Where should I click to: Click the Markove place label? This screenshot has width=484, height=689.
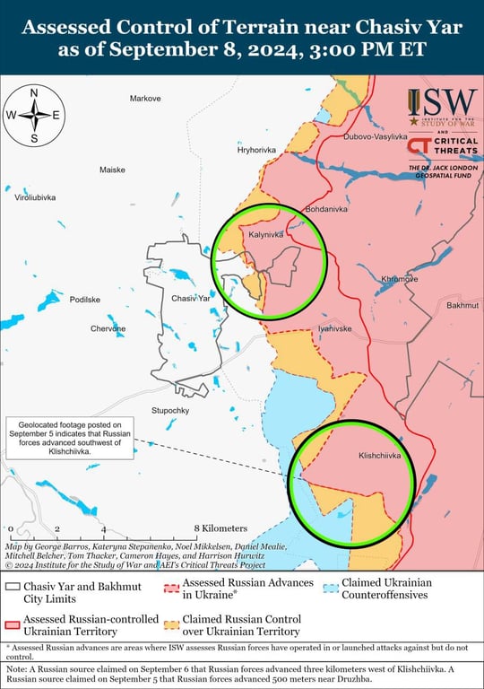tap(144, 98)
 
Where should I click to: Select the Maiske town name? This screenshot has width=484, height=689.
tap(112, 169)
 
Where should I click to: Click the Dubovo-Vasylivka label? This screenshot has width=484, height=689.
tap(375, 137)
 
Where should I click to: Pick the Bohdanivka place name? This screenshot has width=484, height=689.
tap(326, 209)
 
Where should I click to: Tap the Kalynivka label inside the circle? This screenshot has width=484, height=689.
tap(265, 234)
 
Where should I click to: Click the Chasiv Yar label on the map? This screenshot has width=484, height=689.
tap(190, 298)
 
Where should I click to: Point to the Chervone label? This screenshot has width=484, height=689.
tap(108, 329)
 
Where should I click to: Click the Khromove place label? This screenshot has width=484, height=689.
tap(400, 279)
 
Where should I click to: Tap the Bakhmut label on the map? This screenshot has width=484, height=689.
tap(462, 305)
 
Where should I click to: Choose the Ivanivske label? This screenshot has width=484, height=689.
tap(334, 329)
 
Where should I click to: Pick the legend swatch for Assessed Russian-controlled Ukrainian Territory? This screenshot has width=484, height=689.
tap(12, 625)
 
